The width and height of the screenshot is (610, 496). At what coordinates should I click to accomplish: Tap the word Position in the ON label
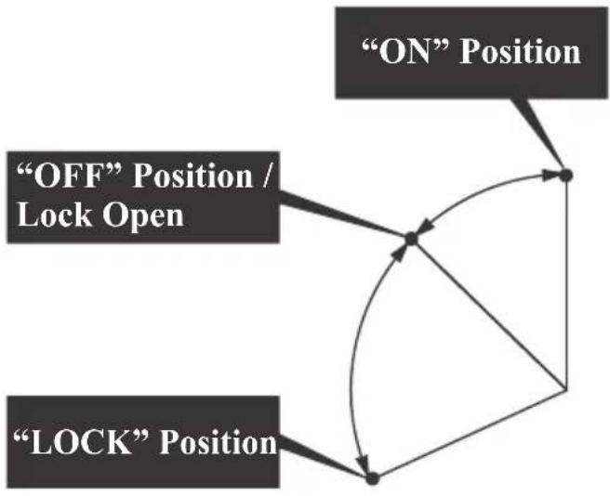[520, 52]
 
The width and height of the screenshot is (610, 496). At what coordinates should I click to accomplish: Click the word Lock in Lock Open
[55, 215]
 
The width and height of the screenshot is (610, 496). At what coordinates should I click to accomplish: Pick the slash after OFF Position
[266, 176]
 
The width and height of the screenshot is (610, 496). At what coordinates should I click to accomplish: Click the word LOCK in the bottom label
[81, 443]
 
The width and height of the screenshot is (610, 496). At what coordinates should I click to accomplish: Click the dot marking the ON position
[565, 176]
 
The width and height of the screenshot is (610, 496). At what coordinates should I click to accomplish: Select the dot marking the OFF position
[411, 239]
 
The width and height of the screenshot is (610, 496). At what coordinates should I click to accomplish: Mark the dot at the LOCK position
[372, 478]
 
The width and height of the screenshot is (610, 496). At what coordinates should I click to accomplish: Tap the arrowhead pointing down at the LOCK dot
[364, 463]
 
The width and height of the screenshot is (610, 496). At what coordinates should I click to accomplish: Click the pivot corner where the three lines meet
[566, 388]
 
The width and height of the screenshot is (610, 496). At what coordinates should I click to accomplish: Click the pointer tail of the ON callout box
[537, 131]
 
